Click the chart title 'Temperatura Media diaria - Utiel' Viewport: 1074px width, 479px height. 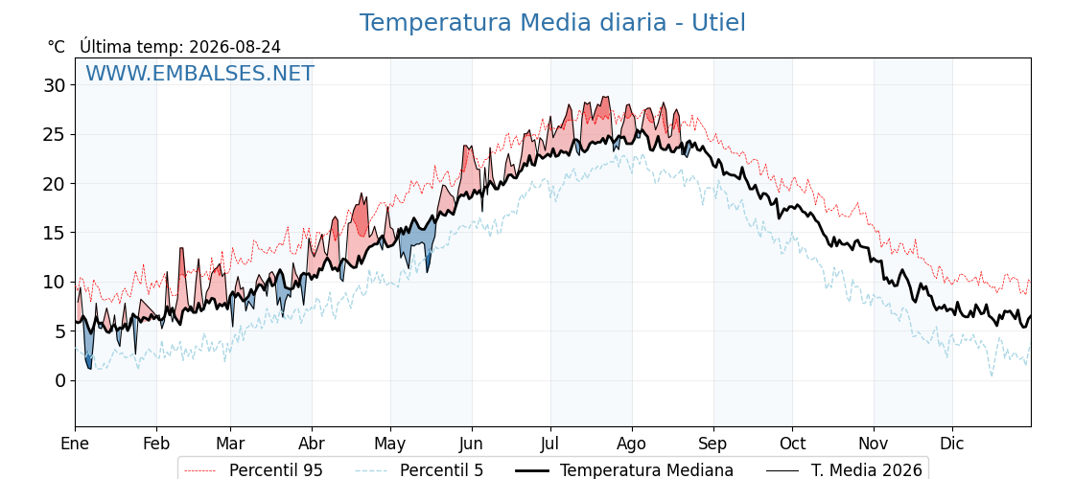click(x=552, y=23)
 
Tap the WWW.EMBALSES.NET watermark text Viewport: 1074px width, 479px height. click(x=200, y=73)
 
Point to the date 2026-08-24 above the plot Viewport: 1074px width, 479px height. click(x=235, y=47)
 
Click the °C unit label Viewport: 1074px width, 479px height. click(x=57, y=47)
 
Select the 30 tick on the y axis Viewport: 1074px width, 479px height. click(x=56, y=85)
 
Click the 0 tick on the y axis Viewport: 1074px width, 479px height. click(x=60, y=380)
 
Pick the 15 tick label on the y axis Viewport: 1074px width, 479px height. click(x=56, y=234)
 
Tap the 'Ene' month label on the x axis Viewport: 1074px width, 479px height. click(x=75, y=445)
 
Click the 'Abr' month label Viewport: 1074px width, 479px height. click(x=312, y=445)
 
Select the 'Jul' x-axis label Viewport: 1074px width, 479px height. click(x=551, y=445)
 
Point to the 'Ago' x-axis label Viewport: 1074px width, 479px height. click(x=632, y=445)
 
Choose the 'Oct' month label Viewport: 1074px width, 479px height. click(x=793, y=445)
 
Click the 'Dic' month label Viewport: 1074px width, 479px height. click(x=953, y=445)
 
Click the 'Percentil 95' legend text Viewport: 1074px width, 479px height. click(x=276, y=470)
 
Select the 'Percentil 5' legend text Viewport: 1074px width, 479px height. click(x=442, y=470)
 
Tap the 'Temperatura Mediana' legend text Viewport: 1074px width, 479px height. click(x=646, y=470)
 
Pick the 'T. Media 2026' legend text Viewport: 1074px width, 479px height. click(x=867, y=470)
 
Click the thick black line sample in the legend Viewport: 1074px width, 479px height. click(x=531, y=470)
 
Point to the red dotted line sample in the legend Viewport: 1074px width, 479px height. click(x=200, y=470)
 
